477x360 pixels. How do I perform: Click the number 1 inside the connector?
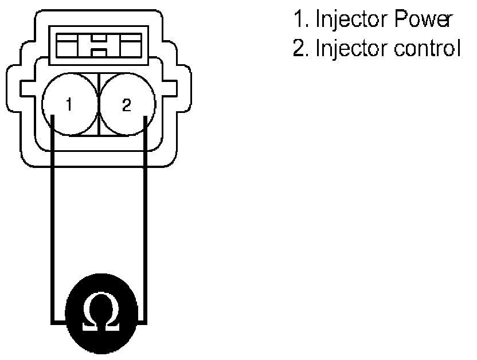click(68, 105)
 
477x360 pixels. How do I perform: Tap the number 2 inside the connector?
click(127, 105)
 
